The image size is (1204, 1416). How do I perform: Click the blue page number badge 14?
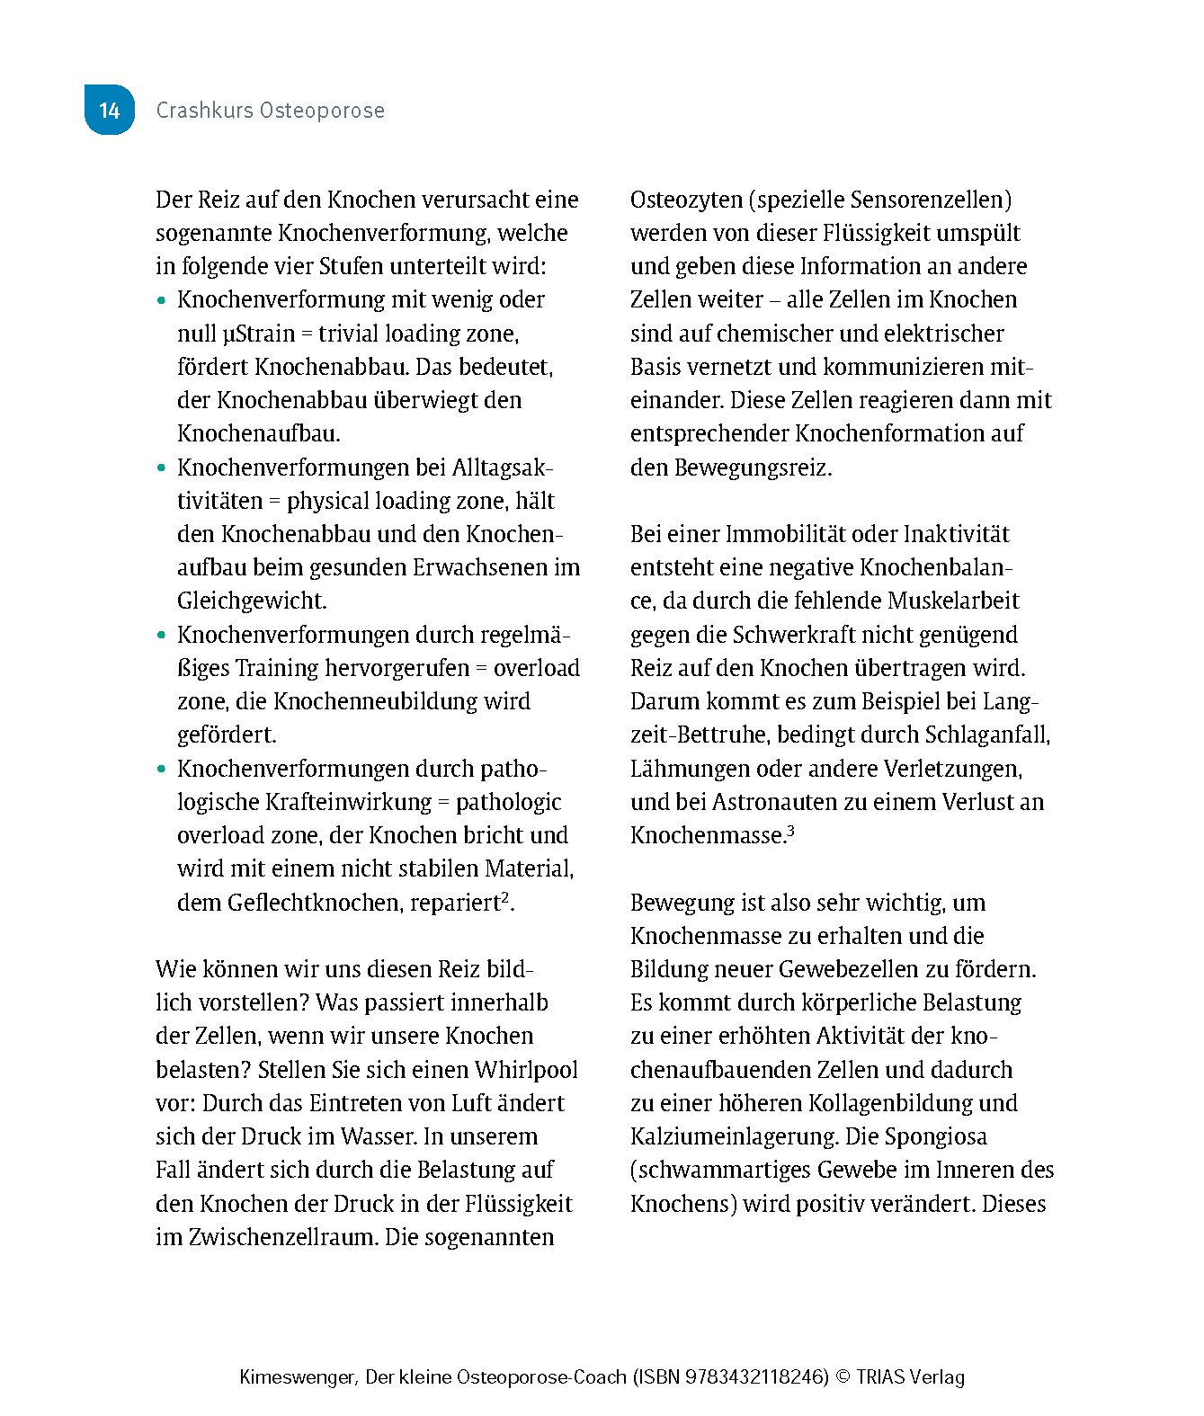coord(109,110)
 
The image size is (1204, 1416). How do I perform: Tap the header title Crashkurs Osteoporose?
coord(270,111)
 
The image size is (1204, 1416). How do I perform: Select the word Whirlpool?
coord(526,1070)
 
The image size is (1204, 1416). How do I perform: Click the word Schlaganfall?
coord(986,735)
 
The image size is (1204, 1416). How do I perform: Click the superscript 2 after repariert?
coord(505,897)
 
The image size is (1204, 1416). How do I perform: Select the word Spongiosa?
coord(935,1136)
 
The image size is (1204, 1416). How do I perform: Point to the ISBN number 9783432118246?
coord(756,1376)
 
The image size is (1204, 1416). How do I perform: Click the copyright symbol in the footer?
coord(843,1376)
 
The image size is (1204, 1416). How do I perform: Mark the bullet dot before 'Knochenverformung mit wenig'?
coord(162,300)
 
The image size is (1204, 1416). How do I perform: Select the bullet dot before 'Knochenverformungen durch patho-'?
coord(162,770)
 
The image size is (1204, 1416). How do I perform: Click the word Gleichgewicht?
coord(251,601)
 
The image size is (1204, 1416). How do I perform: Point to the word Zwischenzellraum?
coord(283,1237)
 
